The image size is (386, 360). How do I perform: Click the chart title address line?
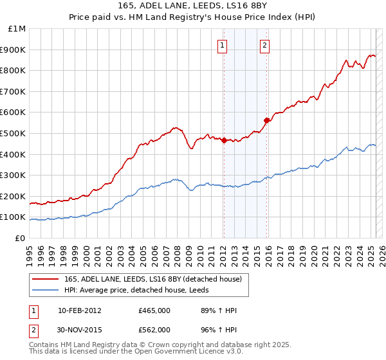click(x=192, y=6)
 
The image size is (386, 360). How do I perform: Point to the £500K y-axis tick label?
click(x=14, y=134)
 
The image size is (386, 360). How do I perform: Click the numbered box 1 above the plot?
click(x=222, y=45)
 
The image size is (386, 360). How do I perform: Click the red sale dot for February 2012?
click(x=224, y=141)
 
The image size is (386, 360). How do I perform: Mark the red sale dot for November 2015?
click(x=266, y=120)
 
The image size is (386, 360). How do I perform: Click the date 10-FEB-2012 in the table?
click(x=80, y=311)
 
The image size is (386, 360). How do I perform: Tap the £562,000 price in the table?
click(x=154, y=330)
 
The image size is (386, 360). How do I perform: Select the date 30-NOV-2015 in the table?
click(x=80, y=330)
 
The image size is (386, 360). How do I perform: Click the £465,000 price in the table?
click(x=154, y=311)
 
